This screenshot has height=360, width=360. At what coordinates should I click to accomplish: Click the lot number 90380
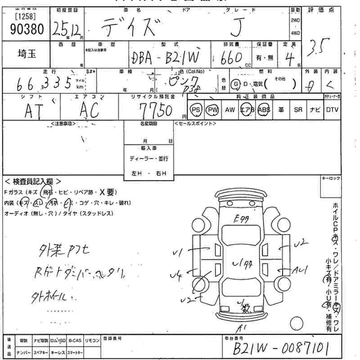27,29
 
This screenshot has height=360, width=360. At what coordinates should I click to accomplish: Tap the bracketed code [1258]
26,16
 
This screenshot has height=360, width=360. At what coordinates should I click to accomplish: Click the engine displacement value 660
234,57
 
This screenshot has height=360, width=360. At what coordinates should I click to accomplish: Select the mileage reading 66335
45,83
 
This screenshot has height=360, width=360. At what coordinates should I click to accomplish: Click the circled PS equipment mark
196,110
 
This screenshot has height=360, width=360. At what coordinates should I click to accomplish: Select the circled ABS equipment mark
264,110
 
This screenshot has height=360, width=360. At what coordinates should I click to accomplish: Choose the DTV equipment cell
332,110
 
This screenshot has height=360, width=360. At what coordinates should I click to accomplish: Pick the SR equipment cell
297,110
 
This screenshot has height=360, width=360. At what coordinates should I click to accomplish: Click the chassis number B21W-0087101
281,348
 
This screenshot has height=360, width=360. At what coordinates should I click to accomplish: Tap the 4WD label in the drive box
295,33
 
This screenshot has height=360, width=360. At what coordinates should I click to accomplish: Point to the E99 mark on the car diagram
242,219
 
